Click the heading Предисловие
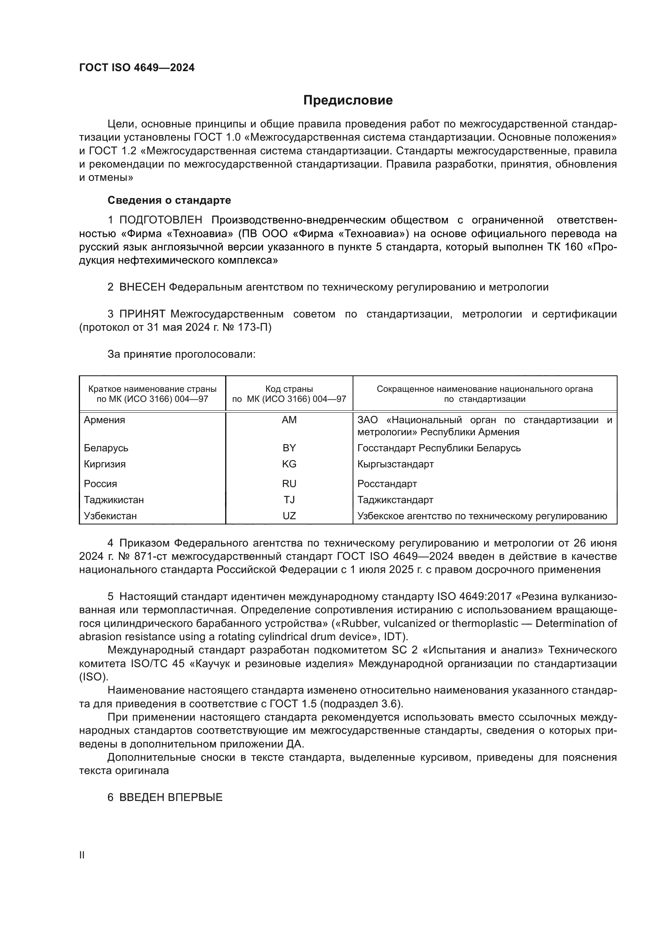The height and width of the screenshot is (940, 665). click(x=348, y=100)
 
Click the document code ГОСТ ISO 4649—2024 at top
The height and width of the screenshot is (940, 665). click(x=137, y=68)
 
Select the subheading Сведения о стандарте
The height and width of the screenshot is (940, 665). click(x=169, y=200)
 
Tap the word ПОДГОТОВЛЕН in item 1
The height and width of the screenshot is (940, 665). click(x=160, y=220)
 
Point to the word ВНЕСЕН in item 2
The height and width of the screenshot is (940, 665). click(x=142, y=287)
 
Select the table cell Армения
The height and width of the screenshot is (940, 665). click(x=105, y=420)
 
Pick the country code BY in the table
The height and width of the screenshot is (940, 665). click(x=289, y=448)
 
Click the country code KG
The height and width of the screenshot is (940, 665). click(x=289, y=464)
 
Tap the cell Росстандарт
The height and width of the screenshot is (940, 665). click(x=387, y=484)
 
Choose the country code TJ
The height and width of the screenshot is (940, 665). click(x=289, y=500)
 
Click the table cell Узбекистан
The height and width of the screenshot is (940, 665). click(x=110, y=516)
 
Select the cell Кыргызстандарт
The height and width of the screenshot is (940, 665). click(x=395, y=464)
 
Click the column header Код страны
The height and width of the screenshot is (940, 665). click(x=289, y=389)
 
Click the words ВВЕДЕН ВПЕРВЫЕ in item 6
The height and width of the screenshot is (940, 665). click(x=171, y=797)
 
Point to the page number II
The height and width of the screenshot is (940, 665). click(x=82, y=855)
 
